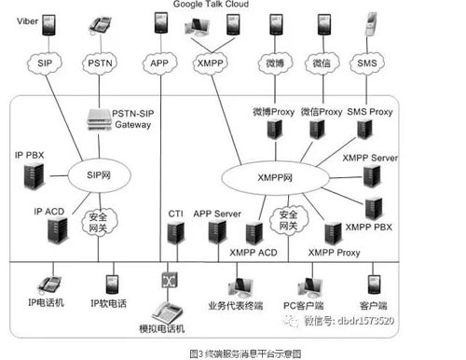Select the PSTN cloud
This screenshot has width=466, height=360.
tap(99, 63)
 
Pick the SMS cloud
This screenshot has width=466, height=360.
tap(367, 63)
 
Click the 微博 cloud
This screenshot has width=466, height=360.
tap(275, 63)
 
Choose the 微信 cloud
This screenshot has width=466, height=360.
tap(322, 63)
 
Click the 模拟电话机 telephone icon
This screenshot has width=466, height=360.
tap(169, 312)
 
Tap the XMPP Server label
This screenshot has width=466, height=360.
tap(370, 159)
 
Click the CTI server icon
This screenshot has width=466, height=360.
tap(174, 235)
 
